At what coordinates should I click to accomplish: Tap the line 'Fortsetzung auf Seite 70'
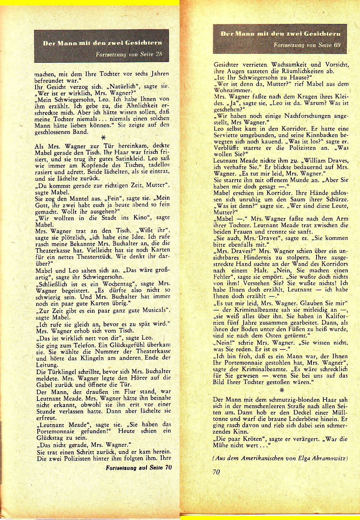(x=139, y=467)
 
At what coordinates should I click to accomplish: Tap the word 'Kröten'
(x=250, y=438)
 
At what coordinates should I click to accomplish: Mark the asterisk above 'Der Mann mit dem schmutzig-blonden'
(x=281, y=391)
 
